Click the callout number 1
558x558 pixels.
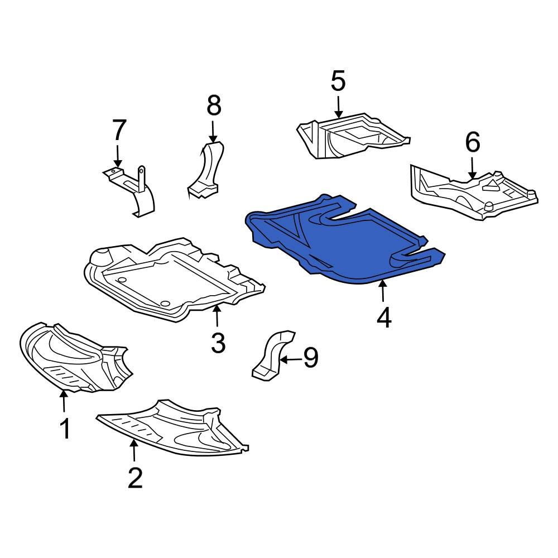(65, 429)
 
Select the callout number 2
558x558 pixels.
(135, 478)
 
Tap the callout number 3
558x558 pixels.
(218, 343)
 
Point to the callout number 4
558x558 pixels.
(384, 318)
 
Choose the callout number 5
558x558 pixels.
(338, 81)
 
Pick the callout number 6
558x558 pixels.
(472, 143)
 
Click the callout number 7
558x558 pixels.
(119, 131)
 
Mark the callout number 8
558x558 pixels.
(214, 105)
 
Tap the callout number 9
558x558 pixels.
(310, 358)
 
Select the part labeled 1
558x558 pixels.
(73, 357)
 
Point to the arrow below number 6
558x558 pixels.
(472, 167)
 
